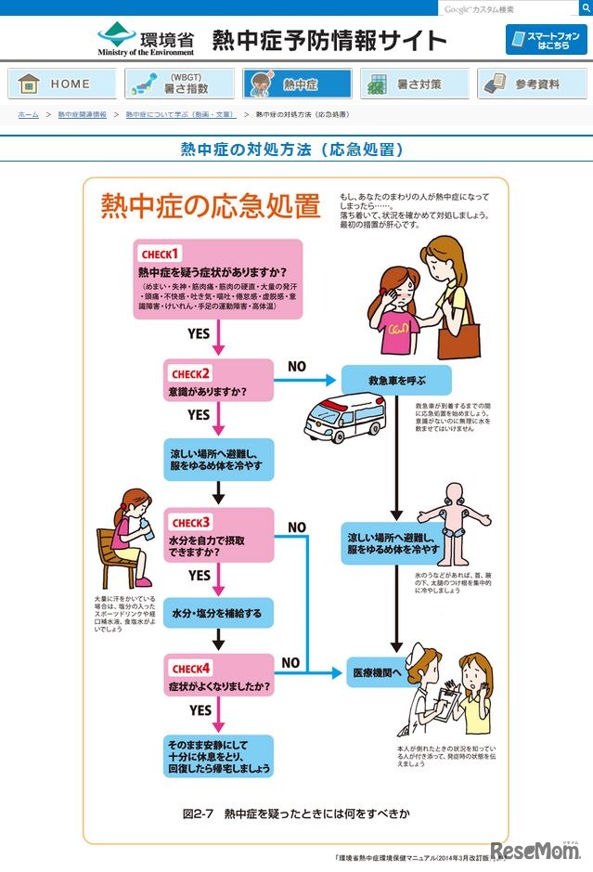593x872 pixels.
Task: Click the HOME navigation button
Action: coord(62,84)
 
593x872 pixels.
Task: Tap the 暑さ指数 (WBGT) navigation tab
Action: coord(179,84)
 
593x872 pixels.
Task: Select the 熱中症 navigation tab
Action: coord(297,84)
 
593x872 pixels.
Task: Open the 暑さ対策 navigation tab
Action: coord(415,84)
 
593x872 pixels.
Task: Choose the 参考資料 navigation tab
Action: coord(532,84)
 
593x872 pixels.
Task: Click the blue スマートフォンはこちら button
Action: coord(547,40)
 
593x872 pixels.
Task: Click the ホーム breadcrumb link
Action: coord(28,114)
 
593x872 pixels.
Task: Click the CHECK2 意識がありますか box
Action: coord(219,382)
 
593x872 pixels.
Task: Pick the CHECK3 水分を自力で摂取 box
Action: coord(219,535)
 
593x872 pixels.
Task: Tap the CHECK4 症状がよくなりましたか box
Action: coord(219,677)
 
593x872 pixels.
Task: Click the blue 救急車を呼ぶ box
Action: coord(396,380)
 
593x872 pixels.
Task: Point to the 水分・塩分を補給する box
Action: coord(219,614)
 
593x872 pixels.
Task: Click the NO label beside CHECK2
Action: coord(296,367)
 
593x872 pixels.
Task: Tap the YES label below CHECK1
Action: coord(199,332)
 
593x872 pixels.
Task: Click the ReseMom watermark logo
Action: coord(535,852)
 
